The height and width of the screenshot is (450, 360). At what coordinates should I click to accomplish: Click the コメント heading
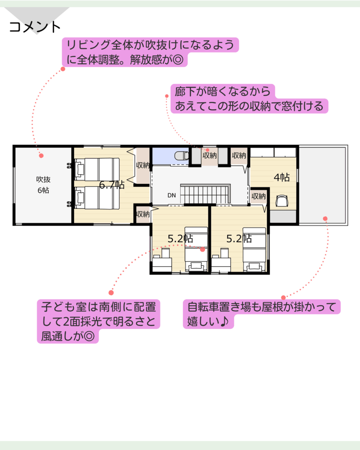pos(35,27)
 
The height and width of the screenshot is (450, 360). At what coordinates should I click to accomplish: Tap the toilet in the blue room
pos(182,156)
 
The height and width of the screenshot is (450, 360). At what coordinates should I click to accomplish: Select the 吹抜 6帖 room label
pos(44,185)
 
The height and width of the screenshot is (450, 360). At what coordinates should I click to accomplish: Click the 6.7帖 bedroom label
pos(112,185)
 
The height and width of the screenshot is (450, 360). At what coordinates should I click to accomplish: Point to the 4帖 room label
pos(282,178)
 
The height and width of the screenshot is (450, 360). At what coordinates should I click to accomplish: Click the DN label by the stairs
pos(172,196)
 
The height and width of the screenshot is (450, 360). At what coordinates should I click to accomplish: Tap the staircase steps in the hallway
pos(205,194)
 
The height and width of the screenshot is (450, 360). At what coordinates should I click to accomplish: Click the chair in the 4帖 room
pos(282,200)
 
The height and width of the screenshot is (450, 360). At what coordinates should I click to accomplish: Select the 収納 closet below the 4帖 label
pos(258,196)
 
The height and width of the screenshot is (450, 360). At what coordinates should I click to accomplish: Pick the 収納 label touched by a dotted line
pos(210,156)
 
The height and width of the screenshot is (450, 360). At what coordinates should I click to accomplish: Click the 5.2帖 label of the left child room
pos(180,239)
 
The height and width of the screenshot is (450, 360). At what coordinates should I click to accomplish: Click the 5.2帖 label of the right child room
pos(239,239)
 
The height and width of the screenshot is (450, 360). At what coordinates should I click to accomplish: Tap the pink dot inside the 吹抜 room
pos(41,156)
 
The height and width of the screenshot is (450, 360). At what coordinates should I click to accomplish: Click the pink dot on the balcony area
pos(325,219)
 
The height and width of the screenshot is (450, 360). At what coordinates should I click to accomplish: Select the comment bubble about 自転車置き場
pos(262,314)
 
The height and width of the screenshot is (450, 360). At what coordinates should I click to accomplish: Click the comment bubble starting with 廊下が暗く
pos(249,99)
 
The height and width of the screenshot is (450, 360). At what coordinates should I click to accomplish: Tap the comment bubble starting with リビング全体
pos(150,52)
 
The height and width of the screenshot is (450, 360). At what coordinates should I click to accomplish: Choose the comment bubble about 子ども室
pos(98,321)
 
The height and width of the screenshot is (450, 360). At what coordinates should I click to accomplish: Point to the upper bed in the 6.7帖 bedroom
pos(97,169)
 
